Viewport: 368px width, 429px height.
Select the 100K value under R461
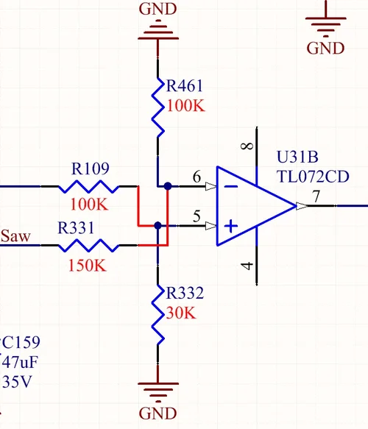(187, 105)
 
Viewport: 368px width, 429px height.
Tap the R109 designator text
(91, 169)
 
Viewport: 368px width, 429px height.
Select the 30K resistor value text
(181, 313)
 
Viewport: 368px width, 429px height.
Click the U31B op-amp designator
(298, 157)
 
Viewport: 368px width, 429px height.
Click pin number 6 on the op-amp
(197, 177)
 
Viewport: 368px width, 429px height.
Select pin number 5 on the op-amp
(197, 216)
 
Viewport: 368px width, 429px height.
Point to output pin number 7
(316, 196)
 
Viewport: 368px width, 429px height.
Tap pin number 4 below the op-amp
(248, 266)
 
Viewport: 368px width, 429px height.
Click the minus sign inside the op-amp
(230, 186)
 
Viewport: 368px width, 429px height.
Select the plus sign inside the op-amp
(230, 226)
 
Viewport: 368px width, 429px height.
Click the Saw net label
(15, 236)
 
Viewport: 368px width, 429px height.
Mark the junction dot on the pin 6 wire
(169, 186)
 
